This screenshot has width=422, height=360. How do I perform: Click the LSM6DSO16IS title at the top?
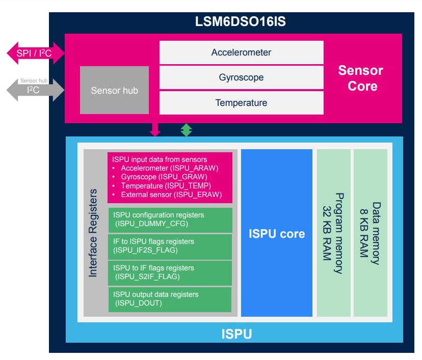235,22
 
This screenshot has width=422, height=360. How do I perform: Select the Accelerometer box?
241,52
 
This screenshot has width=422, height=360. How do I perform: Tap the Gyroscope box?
241,77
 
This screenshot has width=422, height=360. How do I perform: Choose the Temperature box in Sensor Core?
241,103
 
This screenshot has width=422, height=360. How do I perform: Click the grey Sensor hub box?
114,90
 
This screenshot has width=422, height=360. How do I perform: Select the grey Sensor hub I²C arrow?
35,91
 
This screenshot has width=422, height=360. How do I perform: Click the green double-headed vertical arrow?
187,130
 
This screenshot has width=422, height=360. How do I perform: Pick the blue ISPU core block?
276,233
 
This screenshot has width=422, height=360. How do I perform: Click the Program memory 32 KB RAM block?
333,233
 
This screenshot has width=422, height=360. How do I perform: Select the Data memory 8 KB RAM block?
371,233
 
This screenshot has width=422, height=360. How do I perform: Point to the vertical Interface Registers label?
93,233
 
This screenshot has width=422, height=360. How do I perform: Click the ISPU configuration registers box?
170,219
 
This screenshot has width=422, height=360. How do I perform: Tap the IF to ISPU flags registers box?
170,246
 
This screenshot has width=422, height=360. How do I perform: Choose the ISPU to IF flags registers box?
170,272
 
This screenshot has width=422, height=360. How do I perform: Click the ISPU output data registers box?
170,299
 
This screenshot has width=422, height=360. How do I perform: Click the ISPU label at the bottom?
235,334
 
